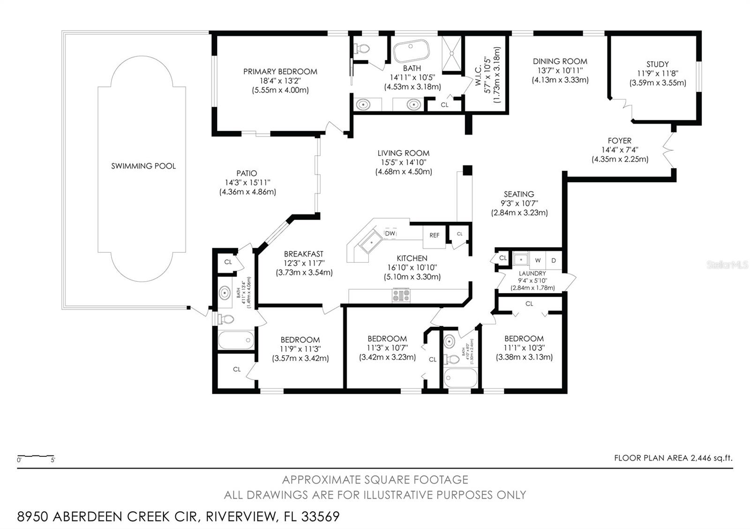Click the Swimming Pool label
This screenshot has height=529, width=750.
pos(143,166)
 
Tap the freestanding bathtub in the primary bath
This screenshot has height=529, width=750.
pos(411,51)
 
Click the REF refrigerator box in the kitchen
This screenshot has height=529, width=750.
pos(435,235)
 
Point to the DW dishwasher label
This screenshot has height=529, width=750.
pos(390,233)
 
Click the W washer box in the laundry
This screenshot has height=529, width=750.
pos(538,260)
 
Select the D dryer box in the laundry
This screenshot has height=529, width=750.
pos(554,260)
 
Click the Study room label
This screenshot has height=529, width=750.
pos(657,64)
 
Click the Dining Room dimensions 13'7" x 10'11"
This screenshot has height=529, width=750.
pos(560,71)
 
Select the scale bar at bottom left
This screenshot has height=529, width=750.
pos(35,456)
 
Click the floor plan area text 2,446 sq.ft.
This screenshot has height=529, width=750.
pos(673,458)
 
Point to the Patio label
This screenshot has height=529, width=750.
pos(247,173)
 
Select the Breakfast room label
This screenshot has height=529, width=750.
pos(304,254)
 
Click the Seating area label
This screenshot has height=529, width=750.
pos(519,194)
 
